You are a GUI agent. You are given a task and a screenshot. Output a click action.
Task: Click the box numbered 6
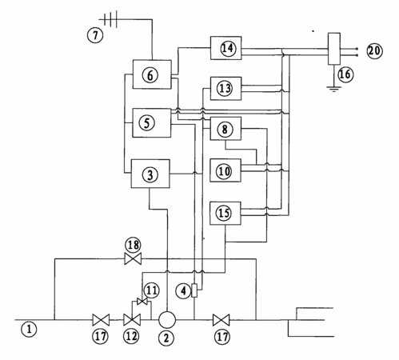pyautogui.click(x=152, y=74)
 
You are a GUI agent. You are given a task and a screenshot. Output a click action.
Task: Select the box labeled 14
pyautogui.click(x=226, y=48)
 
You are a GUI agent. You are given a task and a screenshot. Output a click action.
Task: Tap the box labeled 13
pyautogui.click(x=225, y=89)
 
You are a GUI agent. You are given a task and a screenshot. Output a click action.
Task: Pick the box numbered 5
pyautogui.click(x=152, y=122)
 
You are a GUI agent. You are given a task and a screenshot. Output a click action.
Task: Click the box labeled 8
pyautogui.click(x=225, y=129)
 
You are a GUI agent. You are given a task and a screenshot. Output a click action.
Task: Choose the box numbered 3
pyautogui.click(x=150, y=174)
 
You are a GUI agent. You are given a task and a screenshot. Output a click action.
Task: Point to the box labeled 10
pyautogui.click(x=225, y=170)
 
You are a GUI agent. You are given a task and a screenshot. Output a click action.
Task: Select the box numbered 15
pyautogui.click(x=225, y=214)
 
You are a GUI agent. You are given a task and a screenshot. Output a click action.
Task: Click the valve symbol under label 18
pyautogui.click(x=133, y=258)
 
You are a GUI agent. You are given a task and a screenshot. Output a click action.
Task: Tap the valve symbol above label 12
pyautogui.click(x=132, y=320)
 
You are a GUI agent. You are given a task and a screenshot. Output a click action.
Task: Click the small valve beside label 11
pyautogui.click(x=142, y=302)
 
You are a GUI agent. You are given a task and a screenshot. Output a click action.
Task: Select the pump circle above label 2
pyautogui.click(x=167, y=320)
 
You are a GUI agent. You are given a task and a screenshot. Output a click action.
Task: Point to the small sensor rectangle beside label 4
pyautogui.click(x=194, y=290)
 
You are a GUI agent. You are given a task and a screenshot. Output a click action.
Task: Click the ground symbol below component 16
pyautogui.click(x=333, y=89)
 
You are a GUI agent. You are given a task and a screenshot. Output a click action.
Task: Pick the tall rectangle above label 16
pyautogui.click(x=334, y=49)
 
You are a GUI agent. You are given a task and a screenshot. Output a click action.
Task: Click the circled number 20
pyautogui.click(x=374, y=50)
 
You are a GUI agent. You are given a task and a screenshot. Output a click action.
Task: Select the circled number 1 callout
pyautogui.click(x=29, y=330)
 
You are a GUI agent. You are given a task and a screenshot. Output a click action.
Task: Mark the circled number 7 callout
pyautogui.click(x=95, y=35)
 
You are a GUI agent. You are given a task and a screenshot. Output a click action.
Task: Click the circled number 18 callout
pyautogui.click(x=134, y=245)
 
